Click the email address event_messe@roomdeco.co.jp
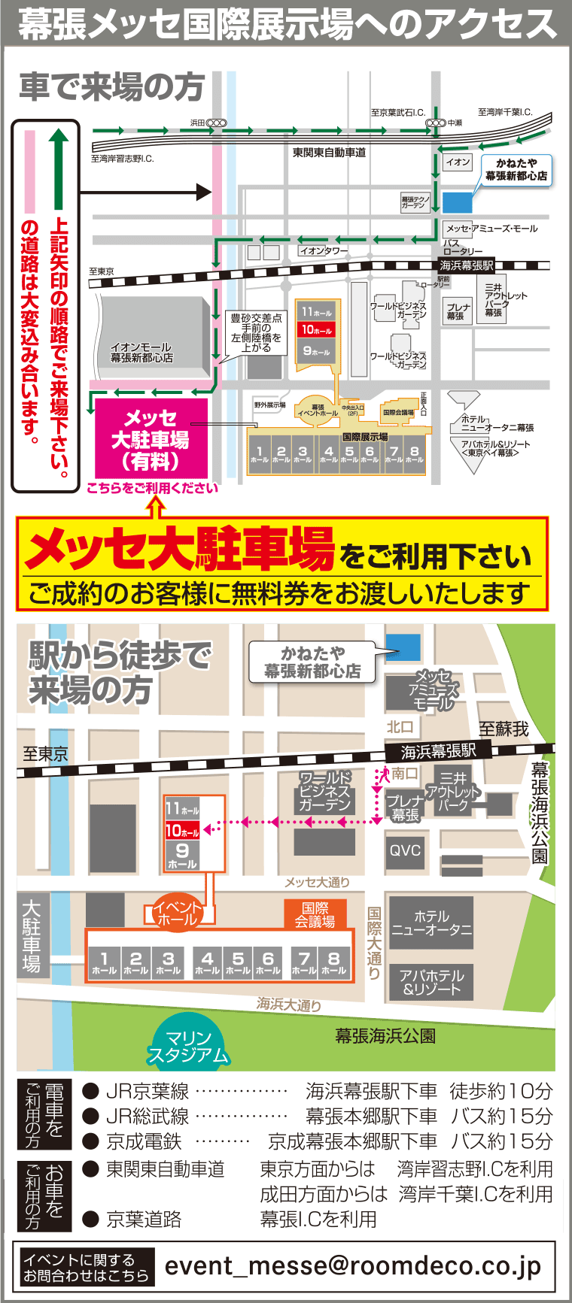(x=352, y=1266)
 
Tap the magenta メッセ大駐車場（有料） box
(x=151, y=439)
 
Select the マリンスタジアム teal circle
(x=188, y=1046)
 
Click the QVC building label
(x=405, y=850)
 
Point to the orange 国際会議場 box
(x=315, y=914)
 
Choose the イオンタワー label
(x=324, y=250)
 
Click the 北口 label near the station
(x=400, y=726)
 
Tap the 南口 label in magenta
(x=405, y=773)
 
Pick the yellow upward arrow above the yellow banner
(x=156, y=508)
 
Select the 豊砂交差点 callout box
(x=256, y=333)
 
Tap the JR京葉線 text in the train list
(x=148, y=1091)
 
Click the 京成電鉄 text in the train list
(x=145, y=1141)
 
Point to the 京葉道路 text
(x=144, y=1219)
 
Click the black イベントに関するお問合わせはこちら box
(x=85, y=1268)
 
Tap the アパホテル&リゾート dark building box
(x=431, y=982)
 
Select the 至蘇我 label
(x=504, y=728)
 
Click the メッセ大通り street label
(x=317, y=882)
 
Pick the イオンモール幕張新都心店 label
(x=141, y=353)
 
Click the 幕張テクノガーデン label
(x=415, y=202)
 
